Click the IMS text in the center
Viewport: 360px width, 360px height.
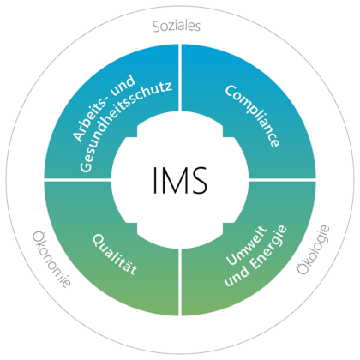(x=180, y=180)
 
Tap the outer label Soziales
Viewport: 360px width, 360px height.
(x=177, y=26)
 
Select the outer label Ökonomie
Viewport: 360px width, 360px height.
(x=51, y=259)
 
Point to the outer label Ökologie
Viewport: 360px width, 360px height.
(x=313, y=250)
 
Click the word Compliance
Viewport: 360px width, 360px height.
(x=252, y=116)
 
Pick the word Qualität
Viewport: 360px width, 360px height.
(x=115, y=255)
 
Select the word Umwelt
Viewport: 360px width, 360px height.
(x=247, y=245)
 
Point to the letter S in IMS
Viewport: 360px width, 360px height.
(x=198, y=180)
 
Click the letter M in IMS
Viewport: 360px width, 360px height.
(x=172, y=180)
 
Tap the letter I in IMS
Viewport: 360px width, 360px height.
(x=154, y=180)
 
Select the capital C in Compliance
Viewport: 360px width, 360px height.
(x=231, y=91)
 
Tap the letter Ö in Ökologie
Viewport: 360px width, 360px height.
(x=303, y=268)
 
